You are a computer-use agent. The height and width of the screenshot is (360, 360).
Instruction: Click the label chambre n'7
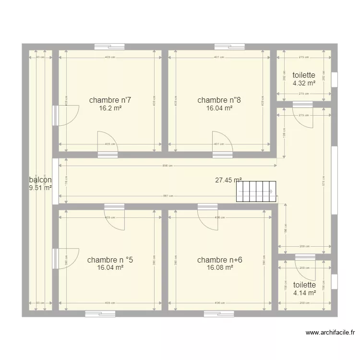(x=110, y=100)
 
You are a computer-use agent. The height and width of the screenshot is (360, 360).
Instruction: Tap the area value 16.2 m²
(x=110, y=108)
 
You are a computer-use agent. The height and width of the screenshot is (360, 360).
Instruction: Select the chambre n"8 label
(x=219, y=100)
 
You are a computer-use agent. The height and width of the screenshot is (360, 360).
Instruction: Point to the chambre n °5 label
(x=110, y=260)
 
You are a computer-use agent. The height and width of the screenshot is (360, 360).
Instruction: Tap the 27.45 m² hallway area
(x=228, y=180)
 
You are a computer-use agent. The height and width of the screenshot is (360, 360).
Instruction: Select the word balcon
(x=40, y=180)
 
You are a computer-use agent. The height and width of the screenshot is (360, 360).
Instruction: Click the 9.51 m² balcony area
(x=40, y=188)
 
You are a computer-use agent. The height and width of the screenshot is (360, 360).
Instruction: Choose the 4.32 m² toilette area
(x=304, y=83)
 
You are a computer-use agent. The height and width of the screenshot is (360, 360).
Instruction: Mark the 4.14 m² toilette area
(x=304, y=293)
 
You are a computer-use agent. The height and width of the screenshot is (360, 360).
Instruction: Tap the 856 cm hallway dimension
(x=168, y=166)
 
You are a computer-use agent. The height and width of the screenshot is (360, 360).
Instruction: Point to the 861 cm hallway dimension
(x=168, y=196)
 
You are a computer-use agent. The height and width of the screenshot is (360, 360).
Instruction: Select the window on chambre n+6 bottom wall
(x=218, y=314)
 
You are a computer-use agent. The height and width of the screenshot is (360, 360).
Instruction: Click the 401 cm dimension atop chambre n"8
(x=219, y=57)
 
